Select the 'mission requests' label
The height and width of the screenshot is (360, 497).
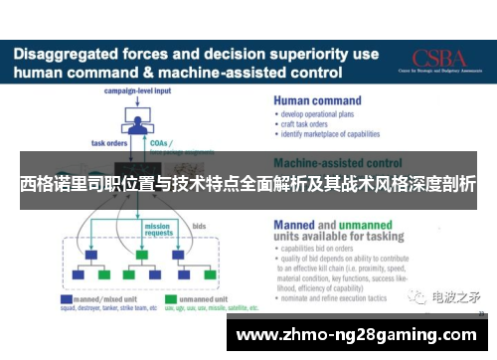tap(157, 228)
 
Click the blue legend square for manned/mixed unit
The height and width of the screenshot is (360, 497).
tap(66, 297)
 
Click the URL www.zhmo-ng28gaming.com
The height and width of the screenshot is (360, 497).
tap(362, 334)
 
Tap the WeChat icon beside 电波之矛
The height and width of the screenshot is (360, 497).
tap(417, 296)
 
